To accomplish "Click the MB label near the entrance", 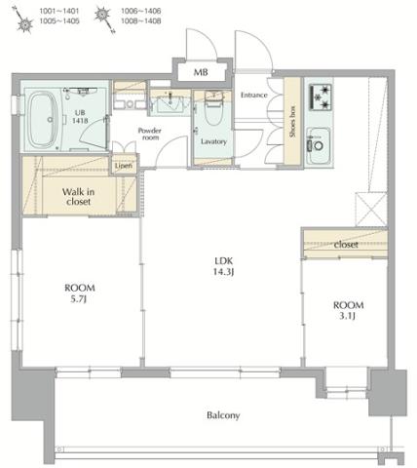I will coord(200,73).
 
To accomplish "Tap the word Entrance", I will coord(253,95).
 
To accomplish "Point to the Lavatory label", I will coord(213,141).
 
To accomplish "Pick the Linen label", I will coord(123,166).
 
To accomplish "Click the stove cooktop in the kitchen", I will coord(321,97).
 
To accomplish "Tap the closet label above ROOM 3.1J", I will coord(346,244).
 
